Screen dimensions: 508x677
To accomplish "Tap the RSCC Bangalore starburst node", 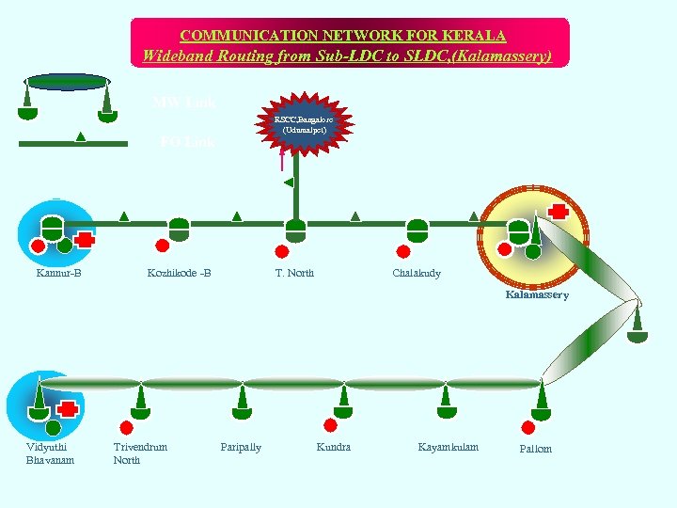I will coord(301,124).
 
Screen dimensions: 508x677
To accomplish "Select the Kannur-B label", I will coord(58,273).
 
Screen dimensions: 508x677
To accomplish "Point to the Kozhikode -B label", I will coord(179,273).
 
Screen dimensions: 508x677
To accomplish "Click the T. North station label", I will coord(294,273).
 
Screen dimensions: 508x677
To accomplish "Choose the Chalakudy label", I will coord(416,273).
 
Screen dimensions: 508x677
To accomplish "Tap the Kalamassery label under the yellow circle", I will coord(537,294).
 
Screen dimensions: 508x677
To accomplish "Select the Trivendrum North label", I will coord(140,452).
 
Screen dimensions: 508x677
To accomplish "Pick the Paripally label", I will coord(241,447).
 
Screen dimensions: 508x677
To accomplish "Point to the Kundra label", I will coord(334,447).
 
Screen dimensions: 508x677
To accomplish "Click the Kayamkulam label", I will coord(448,447).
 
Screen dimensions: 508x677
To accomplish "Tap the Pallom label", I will coord(536,449).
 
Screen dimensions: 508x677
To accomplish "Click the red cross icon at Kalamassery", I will coord(559,211).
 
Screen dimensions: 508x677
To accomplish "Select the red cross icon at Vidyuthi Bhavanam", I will coord(67,409).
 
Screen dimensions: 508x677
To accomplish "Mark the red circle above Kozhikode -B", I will coord(162,246).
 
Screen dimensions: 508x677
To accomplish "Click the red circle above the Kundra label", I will coord(330,424).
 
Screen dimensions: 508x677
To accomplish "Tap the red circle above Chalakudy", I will coord(402,250).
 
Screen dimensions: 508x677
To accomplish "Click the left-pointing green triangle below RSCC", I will coord(289,182).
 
